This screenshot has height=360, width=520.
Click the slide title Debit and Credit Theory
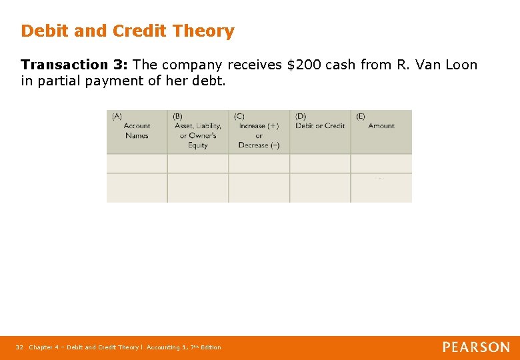click(127, 31)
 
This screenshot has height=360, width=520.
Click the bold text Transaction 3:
click(75, 65)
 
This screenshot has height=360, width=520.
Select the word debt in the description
click(211, 81)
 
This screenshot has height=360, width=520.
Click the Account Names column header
click(137, 131)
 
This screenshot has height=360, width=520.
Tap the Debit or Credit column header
click(320, 126)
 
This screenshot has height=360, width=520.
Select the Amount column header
click(381, 126)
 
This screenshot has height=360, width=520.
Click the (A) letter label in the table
click(117, 116)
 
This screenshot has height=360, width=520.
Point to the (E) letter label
click(361, 116)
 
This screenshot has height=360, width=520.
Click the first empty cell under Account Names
click(137, 163)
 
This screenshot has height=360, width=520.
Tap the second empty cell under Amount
click(381, 188)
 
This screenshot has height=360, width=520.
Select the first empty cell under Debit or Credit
click(320, 163)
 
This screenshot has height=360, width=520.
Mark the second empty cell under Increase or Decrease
click(259, 188)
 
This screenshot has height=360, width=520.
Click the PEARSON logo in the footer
click(476, 347)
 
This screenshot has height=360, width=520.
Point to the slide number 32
click(19, 347)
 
